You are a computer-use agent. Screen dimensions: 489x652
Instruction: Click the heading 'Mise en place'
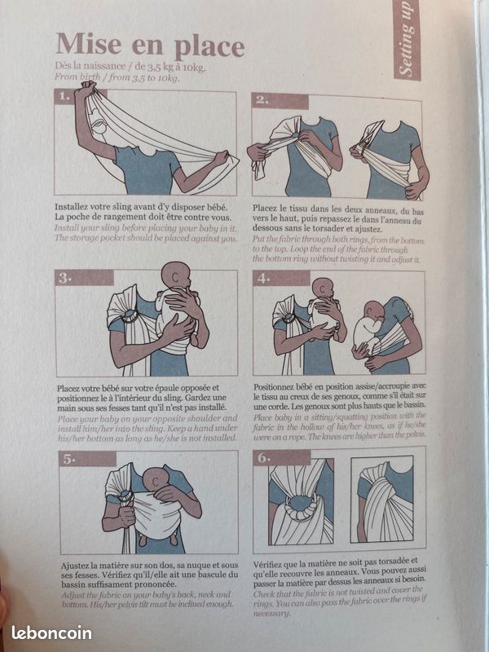point(150,46)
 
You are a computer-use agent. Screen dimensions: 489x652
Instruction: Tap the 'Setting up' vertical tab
point(406,40)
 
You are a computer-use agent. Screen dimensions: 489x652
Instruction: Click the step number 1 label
point(64,96)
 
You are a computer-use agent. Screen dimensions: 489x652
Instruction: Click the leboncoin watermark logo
point(51,633)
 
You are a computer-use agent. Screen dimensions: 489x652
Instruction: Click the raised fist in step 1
point(89,87)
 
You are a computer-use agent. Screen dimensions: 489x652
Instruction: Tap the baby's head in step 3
point(175,276)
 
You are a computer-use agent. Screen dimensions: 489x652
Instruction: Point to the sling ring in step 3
point(130,316)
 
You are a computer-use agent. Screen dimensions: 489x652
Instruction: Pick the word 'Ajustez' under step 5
point(75,566)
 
